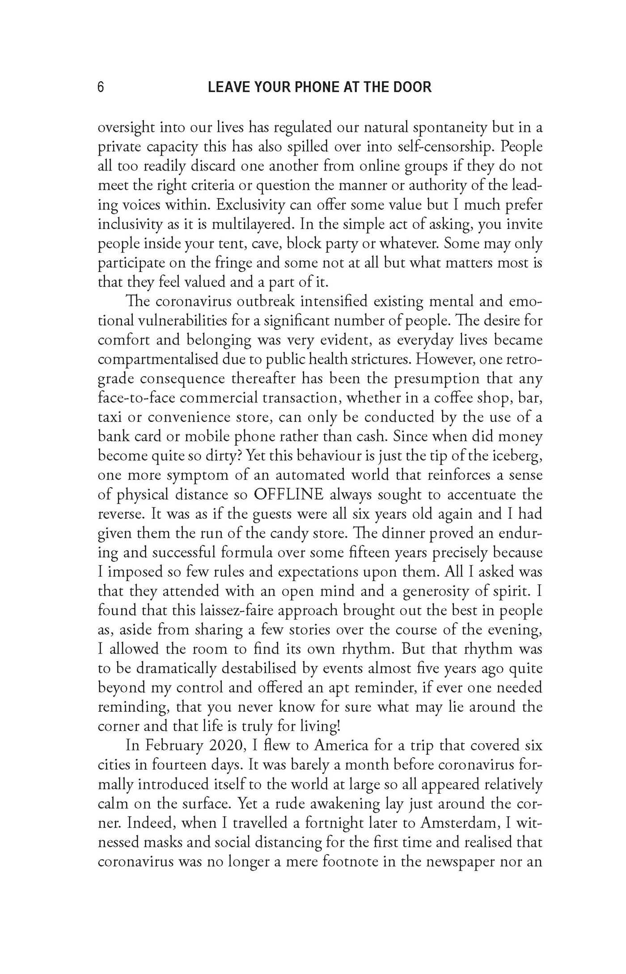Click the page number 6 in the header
101,86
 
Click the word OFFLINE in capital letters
288,495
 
